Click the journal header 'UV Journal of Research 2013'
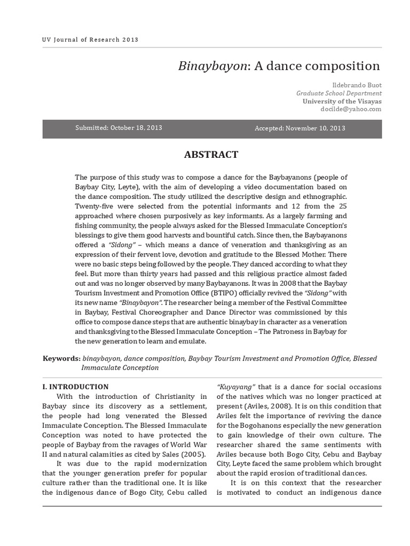point(90,39)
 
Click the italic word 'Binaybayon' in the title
point(212,66)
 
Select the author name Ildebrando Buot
point(357,85)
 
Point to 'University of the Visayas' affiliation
point(342,101)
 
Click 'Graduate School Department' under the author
point(339,93)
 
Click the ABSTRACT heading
point(211,155)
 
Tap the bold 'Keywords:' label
point(61,358)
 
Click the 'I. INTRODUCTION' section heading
point(75,387)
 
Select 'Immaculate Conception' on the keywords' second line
point(120,367)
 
